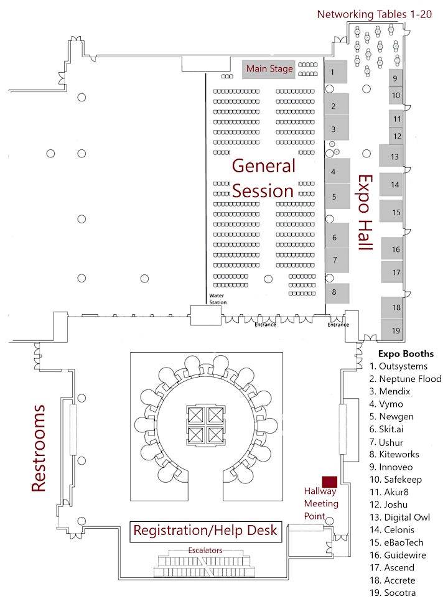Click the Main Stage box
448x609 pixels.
click(x=269, y=69)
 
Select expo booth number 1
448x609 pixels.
click(x=336, y=72)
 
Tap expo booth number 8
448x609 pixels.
click(x=337, y=293)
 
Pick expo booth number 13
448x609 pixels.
click(x=391, y=156)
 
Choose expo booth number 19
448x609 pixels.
click(x=392, y=330)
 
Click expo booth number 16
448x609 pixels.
click(x=392, y=249)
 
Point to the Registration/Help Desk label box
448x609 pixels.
click(x=205, y=531)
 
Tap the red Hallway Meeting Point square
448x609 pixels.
click(x=330, y=481)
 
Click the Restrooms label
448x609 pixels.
click(x=39, y=449)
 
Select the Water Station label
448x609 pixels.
click(x=218, y=299)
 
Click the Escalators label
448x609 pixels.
click(x=205, y=550)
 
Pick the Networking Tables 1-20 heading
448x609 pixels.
click(x=374, y=14)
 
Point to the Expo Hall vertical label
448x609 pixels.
click(x=365, y=213)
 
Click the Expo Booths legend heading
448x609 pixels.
click(x=406, y=354)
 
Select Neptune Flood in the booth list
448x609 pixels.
click(x=405, y=379)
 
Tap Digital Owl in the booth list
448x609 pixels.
click(x=400, y=518)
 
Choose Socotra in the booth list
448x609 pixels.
click(x=393, y=593)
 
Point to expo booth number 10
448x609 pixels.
click(x=396, y=95)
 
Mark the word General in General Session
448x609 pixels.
click(x=263, y=166)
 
